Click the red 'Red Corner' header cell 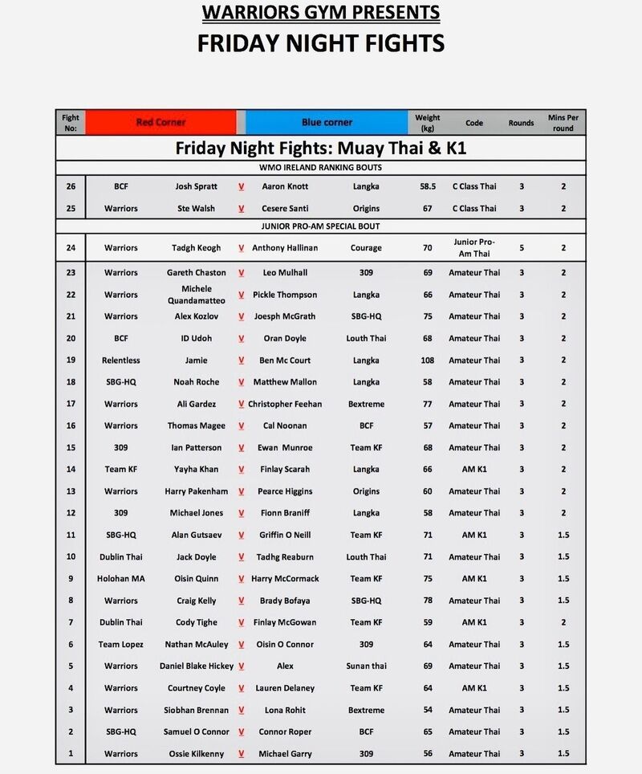pyautogui.click(x=160, y=122)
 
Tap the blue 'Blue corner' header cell pyautogui.click(x=327, y=122)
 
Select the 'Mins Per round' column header pyautogui.click(x=563, y=122)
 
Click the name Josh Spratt pyautogui.click(x=196, y=186)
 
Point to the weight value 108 pyautogui.click(x=427, y=360)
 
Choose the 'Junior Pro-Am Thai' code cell pyautogui.click(x=474, y=247)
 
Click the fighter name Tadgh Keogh pyautogui.click(x=196, y=248)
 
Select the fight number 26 pyautogui.click(x=71, y=186)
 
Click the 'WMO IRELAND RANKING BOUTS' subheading pyautogui.click(x=320, y=167)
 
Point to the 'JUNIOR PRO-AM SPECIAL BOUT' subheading pyautogui.click(x=320, y=226)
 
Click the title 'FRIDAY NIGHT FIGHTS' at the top pyautogui.click(x=320, y=43)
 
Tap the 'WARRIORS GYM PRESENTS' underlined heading pyautogui.click(x=320, y=13)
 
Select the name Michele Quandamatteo pyautogui.click(x=196, y=295)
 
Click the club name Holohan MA pyautogui.click(x=121, y=578)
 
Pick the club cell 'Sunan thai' pyautogui.click(x=367, y=666)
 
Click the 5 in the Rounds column pyautogui.click(x=521, y=248)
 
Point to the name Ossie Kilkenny pyautogui.click(x=196, y=754)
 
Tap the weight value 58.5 pyautogui.click(x=427, y=186)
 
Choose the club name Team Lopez pyautogui.click(x=121, y=644)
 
